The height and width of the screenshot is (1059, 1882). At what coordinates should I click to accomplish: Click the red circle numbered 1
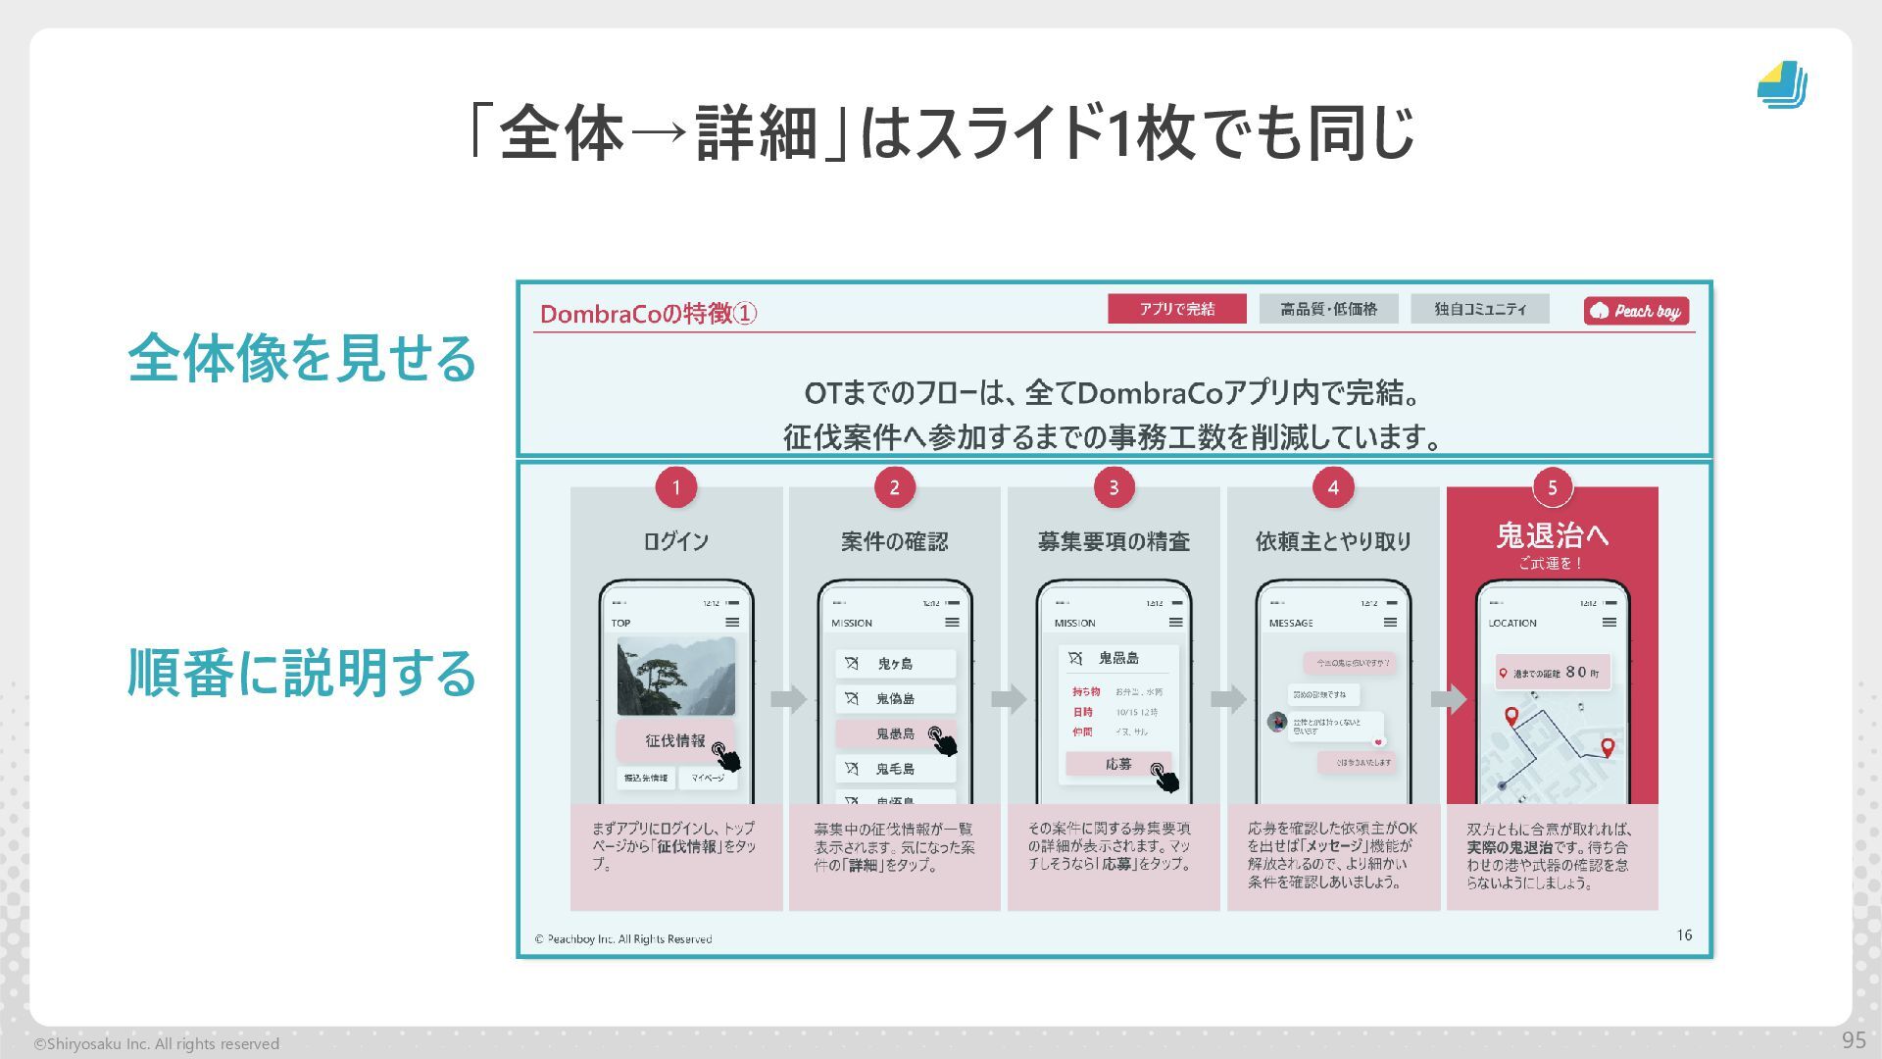pos(675,487)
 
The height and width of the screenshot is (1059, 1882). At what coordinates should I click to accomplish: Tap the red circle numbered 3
pos(1114,487)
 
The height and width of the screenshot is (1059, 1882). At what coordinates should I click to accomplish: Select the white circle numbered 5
pos(1552,487)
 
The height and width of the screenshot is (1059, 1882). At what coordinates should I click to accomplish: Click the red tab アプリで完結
pos(1176,309)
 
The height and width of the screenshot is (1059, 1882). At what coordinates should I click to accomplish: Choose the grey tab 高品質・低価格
pos(1328,309)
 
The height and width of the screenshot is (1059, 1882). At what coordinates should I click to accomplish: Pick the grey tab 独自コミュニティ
pos(1480,309)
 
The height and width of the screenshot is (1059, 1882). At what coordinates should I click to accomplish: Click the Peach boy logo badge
pos(1636,311)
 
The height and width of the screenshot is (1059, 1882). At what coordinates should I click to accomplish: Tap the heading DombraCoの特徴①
pos(648,314)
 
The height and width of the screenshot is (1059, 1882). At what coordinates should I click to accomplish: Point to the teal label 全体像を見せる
pos(302,358)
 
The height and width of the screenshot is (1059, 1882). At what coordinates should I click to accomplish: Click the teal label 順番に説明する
pos(302,674)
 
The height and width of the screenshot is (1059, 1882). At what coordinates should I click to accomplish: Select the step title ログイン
pos(675,541)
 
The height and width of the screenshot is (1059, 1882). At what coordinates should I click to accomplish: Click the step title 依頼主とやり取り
pos(1333,541)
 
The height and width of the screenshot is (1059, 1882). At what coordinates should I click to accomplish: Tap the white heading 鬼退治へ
pos(1552,535)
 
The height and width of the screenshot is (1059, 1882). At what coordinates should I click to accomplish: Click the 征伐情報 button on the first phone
pos(675,741)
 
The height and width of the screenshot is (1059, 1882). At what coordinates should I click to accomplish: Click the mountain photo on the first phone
pos(675,677)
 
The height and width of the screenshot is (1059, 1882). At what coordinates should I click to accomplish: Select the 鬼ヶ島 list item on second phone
pos(895,664)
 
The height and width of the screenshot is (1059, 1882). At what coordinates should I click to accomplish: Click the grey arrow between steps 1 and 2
pos(787,699)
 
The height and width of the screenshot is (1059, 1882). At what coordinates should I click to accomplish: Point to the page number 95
pos(1854,1040)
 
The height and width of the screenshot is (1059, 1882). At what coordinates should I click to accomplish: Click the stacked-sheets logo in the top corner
pos(1782,85)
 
